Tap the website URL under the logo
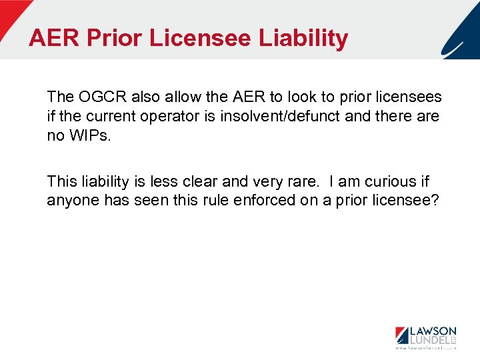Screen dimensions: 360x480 [x=425, y=348]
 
